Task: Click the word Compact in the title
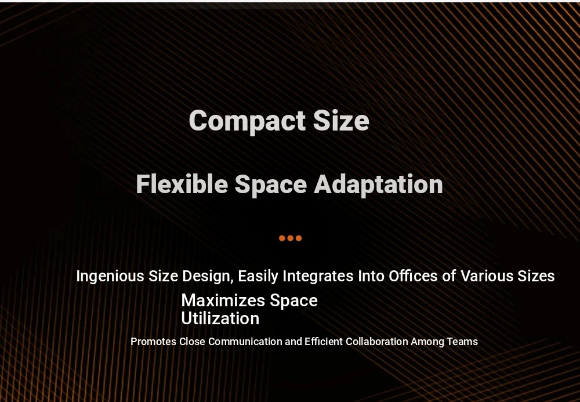[247, 121]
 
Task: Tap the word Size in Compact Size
[341, 120]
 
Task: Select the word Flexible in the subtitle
[182, 184]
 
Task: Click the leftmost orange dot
[282, 238]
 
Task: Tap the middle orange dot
[291, 238]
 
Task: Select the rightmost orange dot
[299, 238]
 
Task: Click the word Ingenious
[110, 277]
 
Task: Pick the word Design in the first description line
[208, 277]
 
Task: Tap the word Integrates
[318, 277]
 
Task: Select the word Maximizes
[223, 300]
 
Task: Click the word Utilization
[220, 319]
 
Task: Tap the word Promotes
[154, 341]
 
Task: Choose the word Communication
[245, 341]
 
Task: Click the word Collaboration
[377, 341]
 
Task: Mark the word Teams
[462, 341]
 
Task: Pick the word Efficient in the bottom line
[324, 341]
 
